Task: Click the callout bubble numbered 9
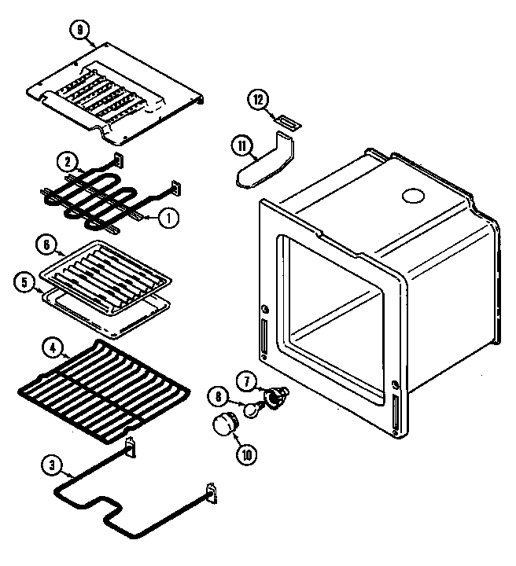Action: pyautogui.click(x=80, y=31)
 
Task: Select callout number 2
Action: pyautogui.click(x=68, y=163)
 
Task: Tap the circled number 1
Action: pyautogui.click(x=166, y=219)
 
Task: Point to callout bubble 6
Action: pyautogui.click(x=48, y=247)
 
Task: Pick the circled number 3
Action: pyautogui.click(x=52, y=465)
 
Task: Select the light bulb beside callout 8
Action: pyautogui.click(x=251, y=407)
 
